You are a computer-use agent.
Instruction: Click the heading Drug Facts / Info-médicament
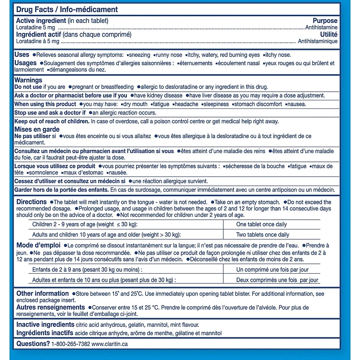click(x=67, y=9)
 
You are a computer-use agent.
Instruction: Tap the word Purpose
click(x=325, y=21)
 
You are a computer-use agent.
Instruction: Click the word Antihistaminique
click(x=318, y=41)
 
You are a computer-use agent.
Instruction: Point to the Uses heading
click(x=22, y=54)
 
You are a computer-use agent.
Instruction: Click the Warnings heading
click(x=28, y=80)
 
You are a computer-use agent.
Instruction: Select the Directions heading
click(x=31, y=202)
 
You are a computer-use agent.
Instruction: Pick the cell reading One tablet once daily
click(x=261, y=225)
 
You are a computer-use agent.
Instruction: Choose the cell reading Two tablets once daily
click(x=263, y=234)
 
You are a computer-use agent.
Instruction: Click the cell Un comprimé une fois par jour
click(x=272, y=270)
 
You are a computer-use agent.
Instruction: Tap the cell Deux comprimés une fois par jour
click(x=277, y=280)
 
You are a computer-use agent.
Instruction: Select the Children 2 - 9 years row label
click(x=85, y=225)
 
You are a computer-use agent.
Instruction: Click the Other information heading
click(x=42, y=293)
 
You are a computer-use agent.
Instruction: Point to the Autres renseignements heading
click(x=50, y=307)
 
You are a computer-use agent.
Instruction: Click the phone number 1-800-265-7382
click(x=71, y=344)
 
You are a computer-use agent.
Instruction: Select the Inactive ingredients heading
click(x=45, y=324)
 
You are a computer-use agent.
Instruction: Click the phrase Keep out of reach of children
click(x=52, y=121)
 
